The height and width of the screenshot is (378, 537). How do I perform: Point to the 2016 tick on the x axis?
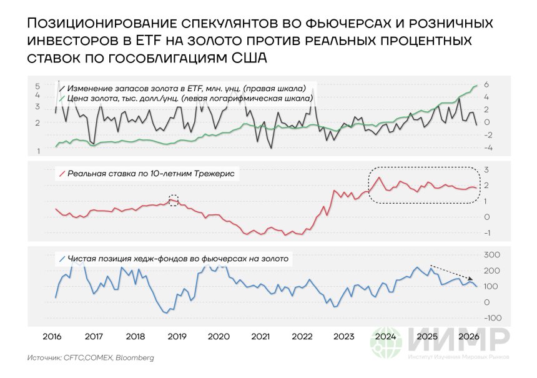pos(51,336)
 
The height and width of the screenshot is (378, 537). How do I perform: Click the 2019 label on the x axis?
pos(177,336)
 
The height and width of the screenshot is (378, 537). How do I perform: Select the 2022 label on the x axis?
pos(302,336)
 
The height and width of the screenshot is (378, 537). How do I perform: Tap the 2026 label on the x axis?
pos(470,336)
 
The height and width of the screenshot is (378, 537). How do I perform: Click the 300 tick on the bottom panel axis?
pos(493,255)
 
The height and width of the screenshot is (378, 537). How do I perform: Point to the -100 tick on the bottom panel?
pos(492,318)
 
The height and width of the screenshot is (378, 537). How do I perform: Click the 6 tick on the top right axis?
pos(486,85)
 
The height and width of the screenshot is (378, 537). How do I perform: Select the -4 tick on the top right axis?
pos(488,148)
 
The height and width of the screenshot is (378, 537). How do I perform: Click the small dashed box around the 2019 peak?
pos(174,200)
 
